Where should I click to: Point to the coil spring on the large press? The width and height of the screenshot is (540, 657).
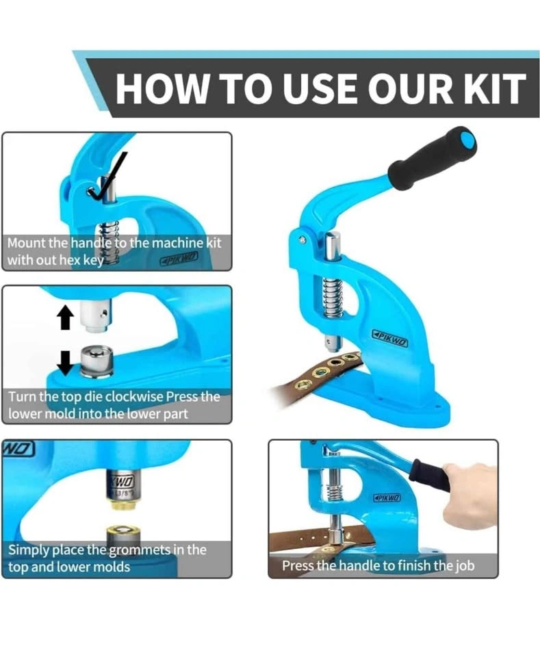333,294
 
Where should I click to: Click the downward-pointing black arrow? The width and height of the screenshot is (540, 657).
65,362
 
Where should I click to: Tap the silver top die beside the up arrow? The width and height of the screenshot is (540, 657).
95,314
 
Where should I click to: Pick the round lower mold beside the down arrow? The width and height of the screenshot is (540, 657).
97,361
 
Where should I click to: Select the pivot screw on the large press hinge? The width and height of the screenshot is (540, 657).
302,240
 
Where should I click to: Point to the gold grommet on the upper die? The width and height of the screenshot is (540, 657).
120,504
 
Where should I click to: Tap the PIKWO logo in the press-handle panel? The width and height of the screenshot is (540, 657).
387,498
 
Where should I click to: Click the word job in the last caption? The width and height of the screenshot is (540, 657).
465,566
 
